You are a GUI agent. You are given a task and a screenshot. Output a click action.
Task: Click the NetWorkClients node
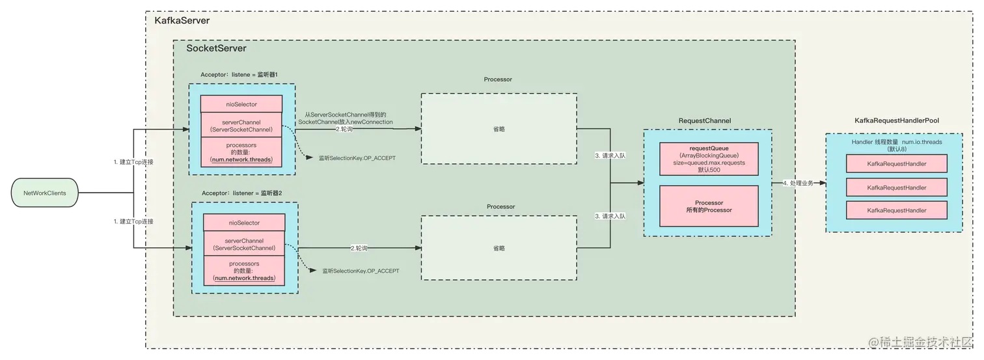[x=45, y=193]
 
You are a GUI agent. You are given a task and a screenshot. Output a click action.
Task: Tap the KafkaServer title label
[x=182, y=21]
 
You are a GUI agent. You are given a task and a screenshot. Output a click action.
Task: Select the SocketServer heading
[x=216, y=48]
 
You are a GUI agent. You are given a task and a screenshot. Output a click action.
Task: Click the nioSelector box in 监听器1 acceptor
[x=241, y=104]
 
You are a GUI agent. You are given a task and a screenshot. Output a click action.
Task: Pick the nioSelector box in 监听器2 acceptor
[x=245, y=222]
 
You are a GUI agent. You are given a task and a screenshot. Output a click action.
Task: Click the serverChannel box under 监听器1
[x=241, y=125]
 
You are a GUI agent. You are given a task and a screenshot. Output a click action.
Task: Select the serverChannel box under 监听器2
[x=245, y=243]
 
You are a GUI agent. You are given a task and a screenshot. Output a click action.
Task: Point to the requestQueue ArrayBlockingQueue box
[x=709, y=159]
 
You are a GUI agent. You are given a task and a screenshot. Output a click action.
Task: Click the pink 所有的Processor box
[x=709, y=206]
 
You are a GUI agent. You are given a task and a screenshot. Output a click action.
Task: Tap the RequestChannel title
[x=704, y=120]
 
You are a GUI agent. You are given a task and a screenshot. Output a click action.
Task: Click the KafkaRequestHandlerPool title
[x=896, y=120]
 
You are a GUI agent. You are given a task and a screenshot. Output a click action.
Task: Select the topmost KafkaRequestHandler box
[x=896, y=164]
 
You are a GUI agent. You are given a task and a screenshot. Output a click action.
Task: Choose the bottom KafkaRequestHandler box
[x=896, y=210]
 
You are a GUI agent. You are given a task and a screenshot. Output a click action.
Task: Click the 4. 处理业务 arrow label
[x=798, y=183]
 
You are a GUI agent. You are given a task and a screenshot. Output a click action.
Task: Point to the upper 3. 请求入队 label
[x=610, y=156]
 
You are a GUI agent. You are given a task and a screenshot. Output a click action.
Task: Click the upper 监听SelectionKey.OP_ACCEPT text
[x=357, y=158]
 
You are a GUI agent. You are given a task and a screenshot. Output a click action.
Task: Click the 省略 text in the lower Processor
[x=499, y=248]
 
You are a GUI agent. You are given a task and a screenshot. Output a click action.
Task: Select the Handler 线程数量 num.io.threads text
[x=896, y=141]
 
